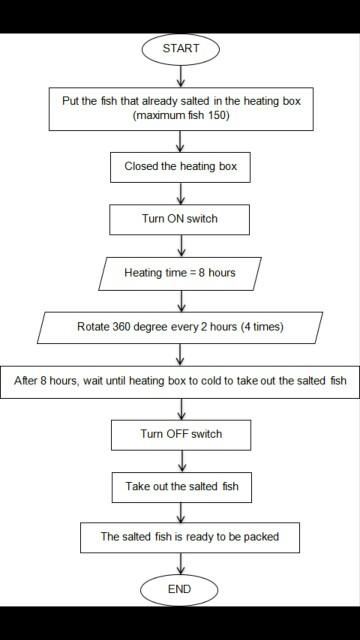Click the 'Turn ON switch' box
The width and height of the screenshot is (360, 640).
coord(180,218)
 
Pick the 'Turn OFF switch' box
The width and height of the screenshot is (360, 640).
coord(180,433)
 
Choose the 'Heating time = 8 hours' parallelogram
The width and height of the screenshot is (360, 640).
coord(180,272)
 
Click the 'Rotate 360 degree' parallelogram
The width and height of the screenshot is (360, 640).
coord(180,326)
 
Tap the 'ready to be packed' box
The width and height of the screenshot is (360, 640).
coord(180,537)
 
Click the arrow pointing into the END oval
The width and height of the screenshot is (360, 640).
coord(180,563)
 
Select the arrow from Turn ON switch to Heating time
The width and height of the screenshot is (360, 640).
coord(180,246)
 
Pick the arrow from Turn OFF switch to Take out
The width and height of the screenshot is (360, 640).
coord(180,459)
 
